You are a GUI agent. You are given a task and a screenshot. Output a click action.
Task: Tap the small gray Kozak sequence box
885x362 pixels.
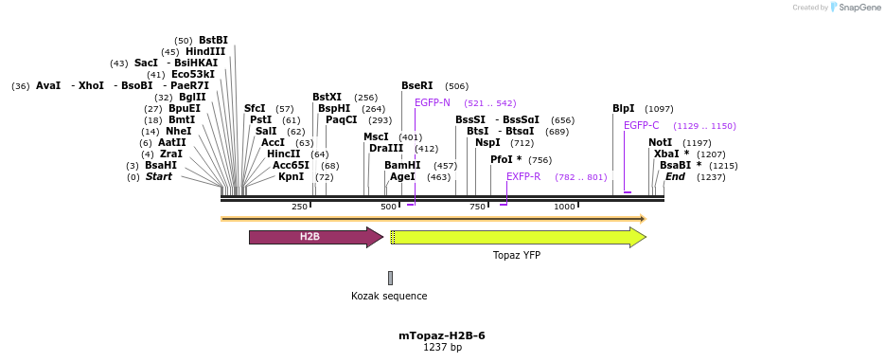point(390,278)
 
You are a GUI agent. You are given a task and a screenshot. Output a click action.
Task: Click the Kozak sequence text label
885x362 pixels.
point(389,296)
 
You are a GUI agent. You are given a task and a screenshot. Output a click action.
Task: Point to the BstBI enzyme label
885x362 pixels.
point(213,40)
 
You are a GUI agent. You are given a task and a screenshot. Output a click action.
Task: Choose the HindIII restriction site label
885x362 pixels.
point(205,51)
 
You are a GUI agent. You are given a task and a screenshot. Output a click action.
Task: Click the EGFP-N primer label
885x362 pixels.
point(433,102)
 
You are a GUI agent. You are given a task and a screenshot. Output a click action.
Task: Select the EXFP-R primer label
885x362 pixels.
point(523,176)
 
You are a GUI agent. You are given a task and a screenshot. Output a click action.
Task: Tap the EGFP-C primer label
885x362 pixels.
point(641,125)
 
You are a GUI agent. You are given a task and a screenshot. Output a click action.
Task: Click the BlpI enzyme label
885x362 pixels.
point(624,108)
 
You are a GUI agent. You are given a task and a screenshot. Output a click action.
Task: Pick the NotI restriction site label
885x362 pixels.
point(661,142)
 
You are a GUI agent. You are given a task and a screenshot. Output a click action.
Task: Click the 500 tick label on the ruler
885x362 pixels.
point(388,207)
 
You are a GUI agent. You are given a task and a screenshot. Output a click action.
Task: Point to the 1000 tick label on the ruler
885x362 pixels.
point(564,207)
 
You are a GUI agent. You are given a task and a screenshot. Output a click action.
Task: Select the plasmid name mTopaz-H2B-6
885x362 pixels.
point(442,335)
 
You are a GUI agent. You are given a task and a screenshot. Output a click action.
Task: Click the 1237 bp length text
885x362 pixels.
point(442,348)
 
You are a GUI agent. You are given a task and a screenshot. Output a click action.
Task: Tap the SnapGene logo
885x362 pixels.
point(845,8)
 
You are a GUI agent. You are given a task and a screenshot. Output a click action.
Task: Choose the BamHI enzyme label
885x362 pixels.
point(402,165)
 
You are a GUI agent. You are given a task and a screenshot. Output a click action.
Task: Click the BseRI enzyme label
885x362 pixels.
point(417,85)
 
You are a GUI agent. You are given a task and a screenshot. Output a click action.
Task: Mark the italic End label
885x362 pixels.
point(675,176)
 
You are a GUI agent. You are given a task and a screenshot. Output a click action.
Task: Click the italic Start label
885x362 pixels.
point(158,176)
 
